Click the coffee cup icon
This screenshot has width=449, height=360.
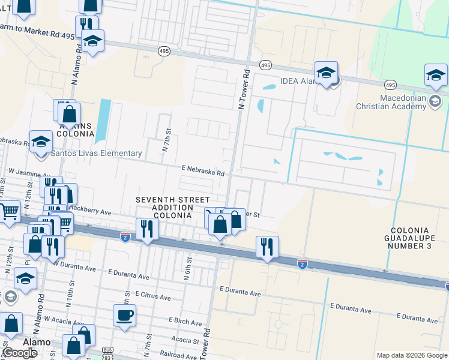[124, 315]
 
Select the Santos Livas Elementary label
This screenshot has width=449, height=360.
[96, 153]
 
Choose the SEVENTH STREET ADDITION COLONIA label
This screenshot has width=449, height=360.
[172, 207]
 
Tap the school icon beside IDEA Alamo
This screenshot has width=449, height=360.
[327, 73]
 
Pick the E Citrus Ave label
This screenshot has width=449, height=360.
[153, 296]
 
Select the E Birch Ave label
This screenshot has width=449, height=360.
[185, 321]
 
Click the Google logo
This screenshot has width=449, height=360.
[20, 353]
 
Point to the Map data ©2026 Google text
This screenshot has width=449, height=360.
[411, 355]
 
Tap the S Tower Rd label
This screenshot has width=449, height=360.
[207, 339]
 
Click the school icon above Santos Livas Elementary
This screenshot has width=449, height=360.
[41, 142]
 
